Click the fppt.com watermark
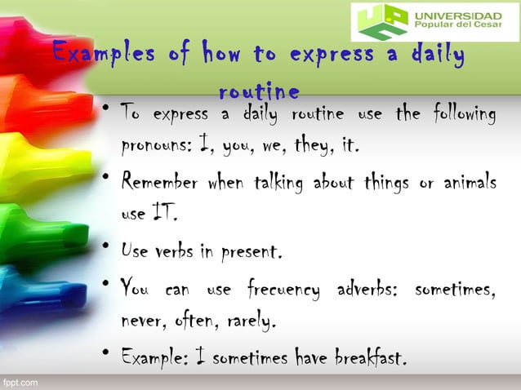tap(19, 382)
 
